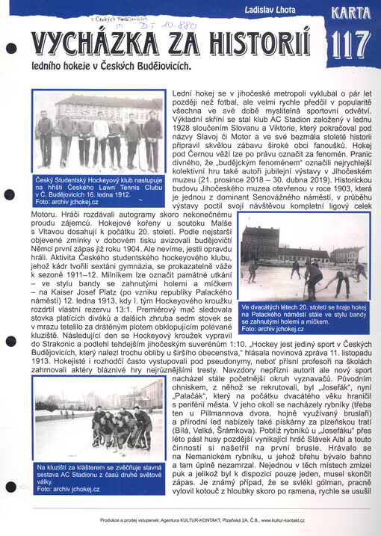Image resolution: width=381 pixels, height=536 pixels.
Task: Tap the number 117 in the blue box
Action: tap(348, 44)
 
